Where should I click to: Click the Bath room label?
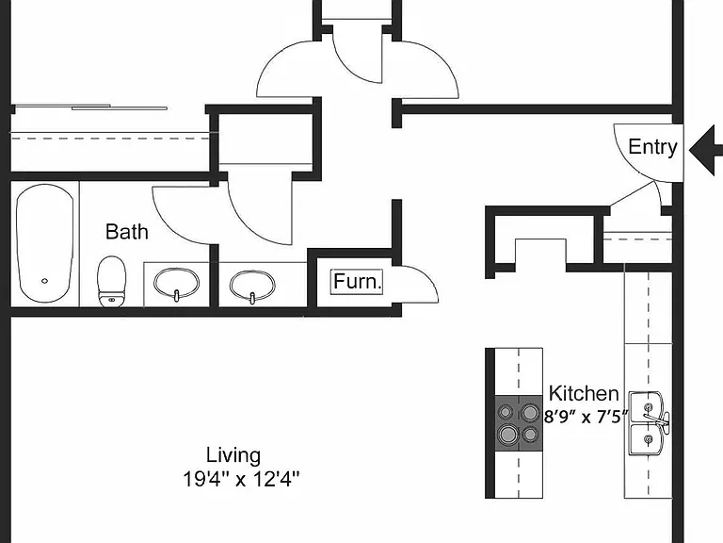(x=127, y=231)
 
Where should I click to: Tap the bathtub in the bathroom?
(x=45, y=243)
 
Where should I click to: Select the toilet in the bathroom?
(x=112, y=281)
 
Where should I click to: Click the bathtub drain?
(x=45, y=281)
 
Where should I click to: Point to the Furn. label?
(x=358, y=281)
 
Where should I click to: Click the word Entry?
(x=652, y=147)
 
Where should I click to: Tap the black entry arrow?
(x=706, y=150)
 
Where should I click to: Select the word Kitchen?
(x=584, y=393)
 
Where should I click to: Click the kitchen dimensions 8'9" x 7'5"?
(x=586, y=417)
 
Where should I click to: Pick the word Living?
(x=233, y=455)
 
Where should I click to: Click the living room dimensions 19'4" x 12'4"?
(x=241, y=479)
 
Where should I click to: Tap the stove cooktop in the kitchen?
(x=519, y=423)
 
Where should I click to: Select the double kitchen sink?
(x=649, y=423)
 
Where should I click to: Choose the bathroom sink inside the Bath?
(x=176, y=285)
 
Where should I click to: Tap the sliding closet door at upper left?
(x=90, y=107)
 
